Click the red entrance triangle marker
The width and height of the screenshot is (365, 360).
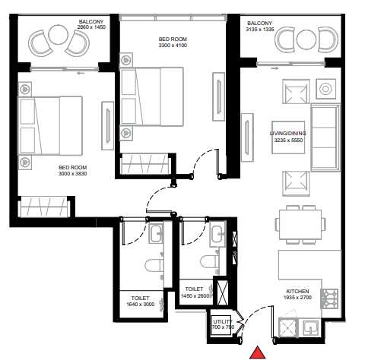tap(259, 351)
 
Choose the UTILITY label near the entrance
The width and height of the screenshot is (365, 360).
tap(222, 325)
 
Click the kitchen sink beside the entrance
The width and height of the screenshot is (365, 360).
tap(312, 327)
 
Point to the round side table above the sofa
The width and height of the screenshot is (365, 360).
tap(325, 89)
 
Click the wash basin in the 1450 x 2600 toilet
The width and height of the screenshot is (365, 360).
tap(217, 235)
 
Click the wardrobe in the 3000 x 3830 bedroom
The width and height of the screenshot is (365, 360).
tap(46, 207)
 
